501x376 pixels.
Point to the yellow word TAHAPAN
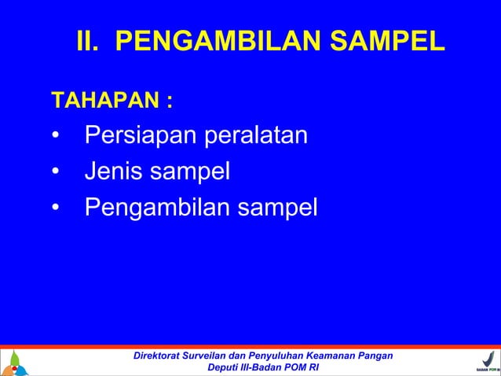(104, 101)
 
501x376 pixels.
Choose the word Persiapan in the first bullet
(141, 137)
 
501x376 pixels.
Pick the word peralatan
(255, 137)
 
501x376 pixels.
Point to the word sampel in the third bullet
(279, 207)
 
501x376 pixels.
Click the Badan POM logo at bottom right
(485, 363)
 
